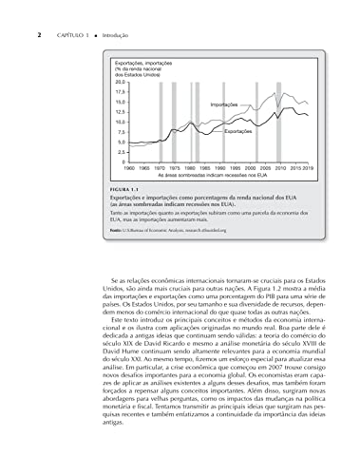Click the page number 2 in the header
11,9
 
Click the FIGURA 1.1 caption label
124,190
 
